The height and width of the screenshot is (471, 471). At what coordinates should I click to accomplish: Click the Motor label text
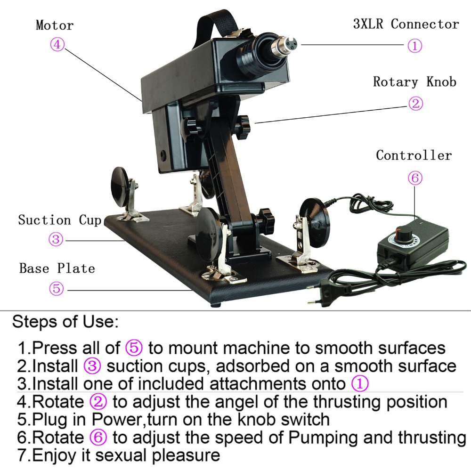click(x=55, y=25)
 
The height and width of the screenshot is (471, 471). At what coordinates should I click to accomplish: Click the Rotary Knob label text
click(x=414, y=82)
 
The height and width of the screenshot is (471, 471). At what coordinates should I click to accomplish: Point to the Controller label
click(x=414, y=155)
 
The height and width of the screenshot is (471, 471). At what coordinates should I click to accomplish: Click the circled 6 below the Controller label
click(x=414, y=178)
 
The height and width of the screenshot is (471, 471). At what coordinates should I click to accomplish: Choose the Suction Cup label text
click(x=60, y=220)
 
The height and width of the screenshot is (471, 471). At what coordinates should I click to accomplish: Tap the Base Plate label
click(x=57, y=268)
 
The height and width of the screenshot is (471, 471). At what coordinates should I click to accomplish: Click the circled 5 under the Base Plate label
click(x=56, y=288)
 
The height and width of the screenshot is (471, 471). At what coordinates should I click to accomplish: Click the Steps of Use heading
click(x=65, y=323)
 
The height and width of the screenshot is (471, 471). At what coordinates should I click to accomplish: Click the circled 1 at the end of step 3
click(x=360, y=384)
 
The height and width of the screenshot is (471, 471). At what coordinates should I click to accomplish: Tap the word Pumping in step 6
click(x=320, y=438)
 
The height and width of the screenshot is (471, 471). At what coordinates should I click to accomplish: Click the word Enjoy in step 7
click(x=54, y=455)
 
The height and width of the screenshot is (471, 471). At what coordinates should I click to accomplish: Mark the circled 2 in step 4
click(x=98, y=402)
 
